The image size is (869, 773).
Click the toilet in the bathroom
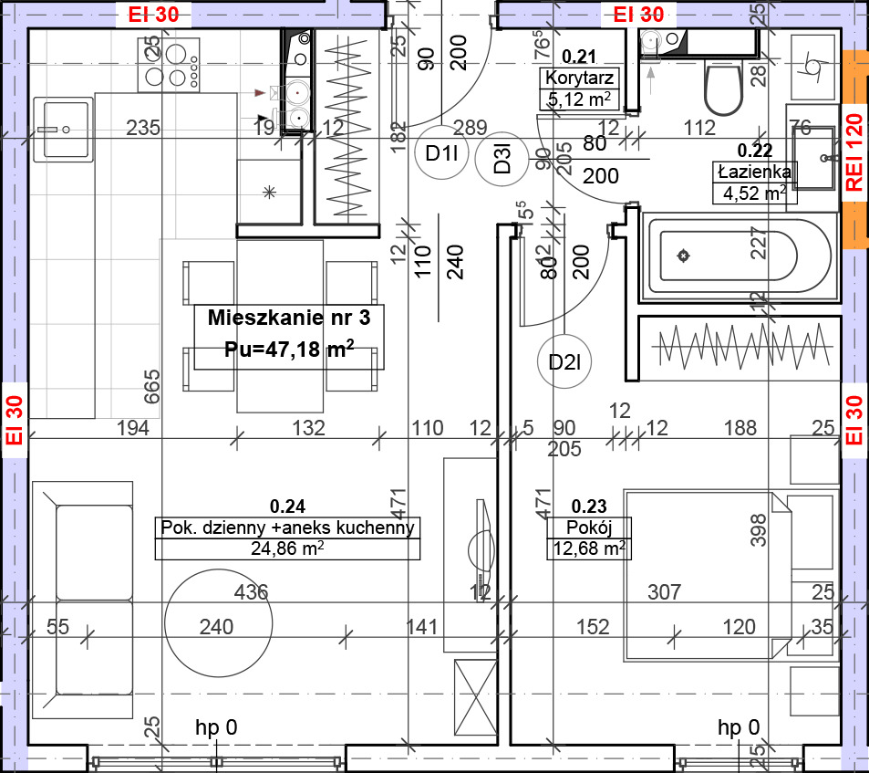click(723, 87)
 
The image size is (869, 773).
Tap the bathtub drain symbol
click(683, 256)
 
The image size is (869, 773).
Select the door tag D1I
click(441, 152)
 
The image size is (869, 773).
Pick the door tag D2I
click(564, 362)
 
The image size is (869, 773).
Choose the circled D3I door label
click(502, 159)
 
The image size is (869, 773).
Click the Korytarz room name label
click(579, 78)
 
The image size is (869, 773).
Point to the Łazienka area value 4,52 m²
click(755, 193)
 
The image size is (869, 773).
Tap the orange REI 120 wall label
click(854, 152)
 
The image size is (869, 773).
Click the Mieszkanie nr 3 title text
click(289, 318)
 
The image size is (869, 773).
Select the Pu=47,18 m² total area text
click(289, 350)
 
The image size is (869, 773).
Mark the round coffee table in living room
click(218, 623)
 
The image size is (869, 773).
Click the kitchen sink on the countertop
click(63, 130)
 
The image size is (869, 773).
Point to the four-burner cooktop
click(169, 65)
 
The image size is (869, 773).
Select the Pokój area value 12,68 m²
click(589, 548)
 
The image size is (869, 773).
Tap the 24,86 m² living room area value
click(287, 548)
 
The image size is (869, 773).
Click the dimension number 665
click(151, 387)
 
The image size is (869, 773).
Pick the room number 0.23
click(588, 506)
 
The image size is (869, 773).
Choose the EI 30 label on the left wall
click(15, 420)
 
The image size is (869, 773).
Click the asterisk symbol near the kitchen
click(269, 193)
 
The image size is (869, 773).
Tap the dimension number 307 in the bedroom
click(664, 592)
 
